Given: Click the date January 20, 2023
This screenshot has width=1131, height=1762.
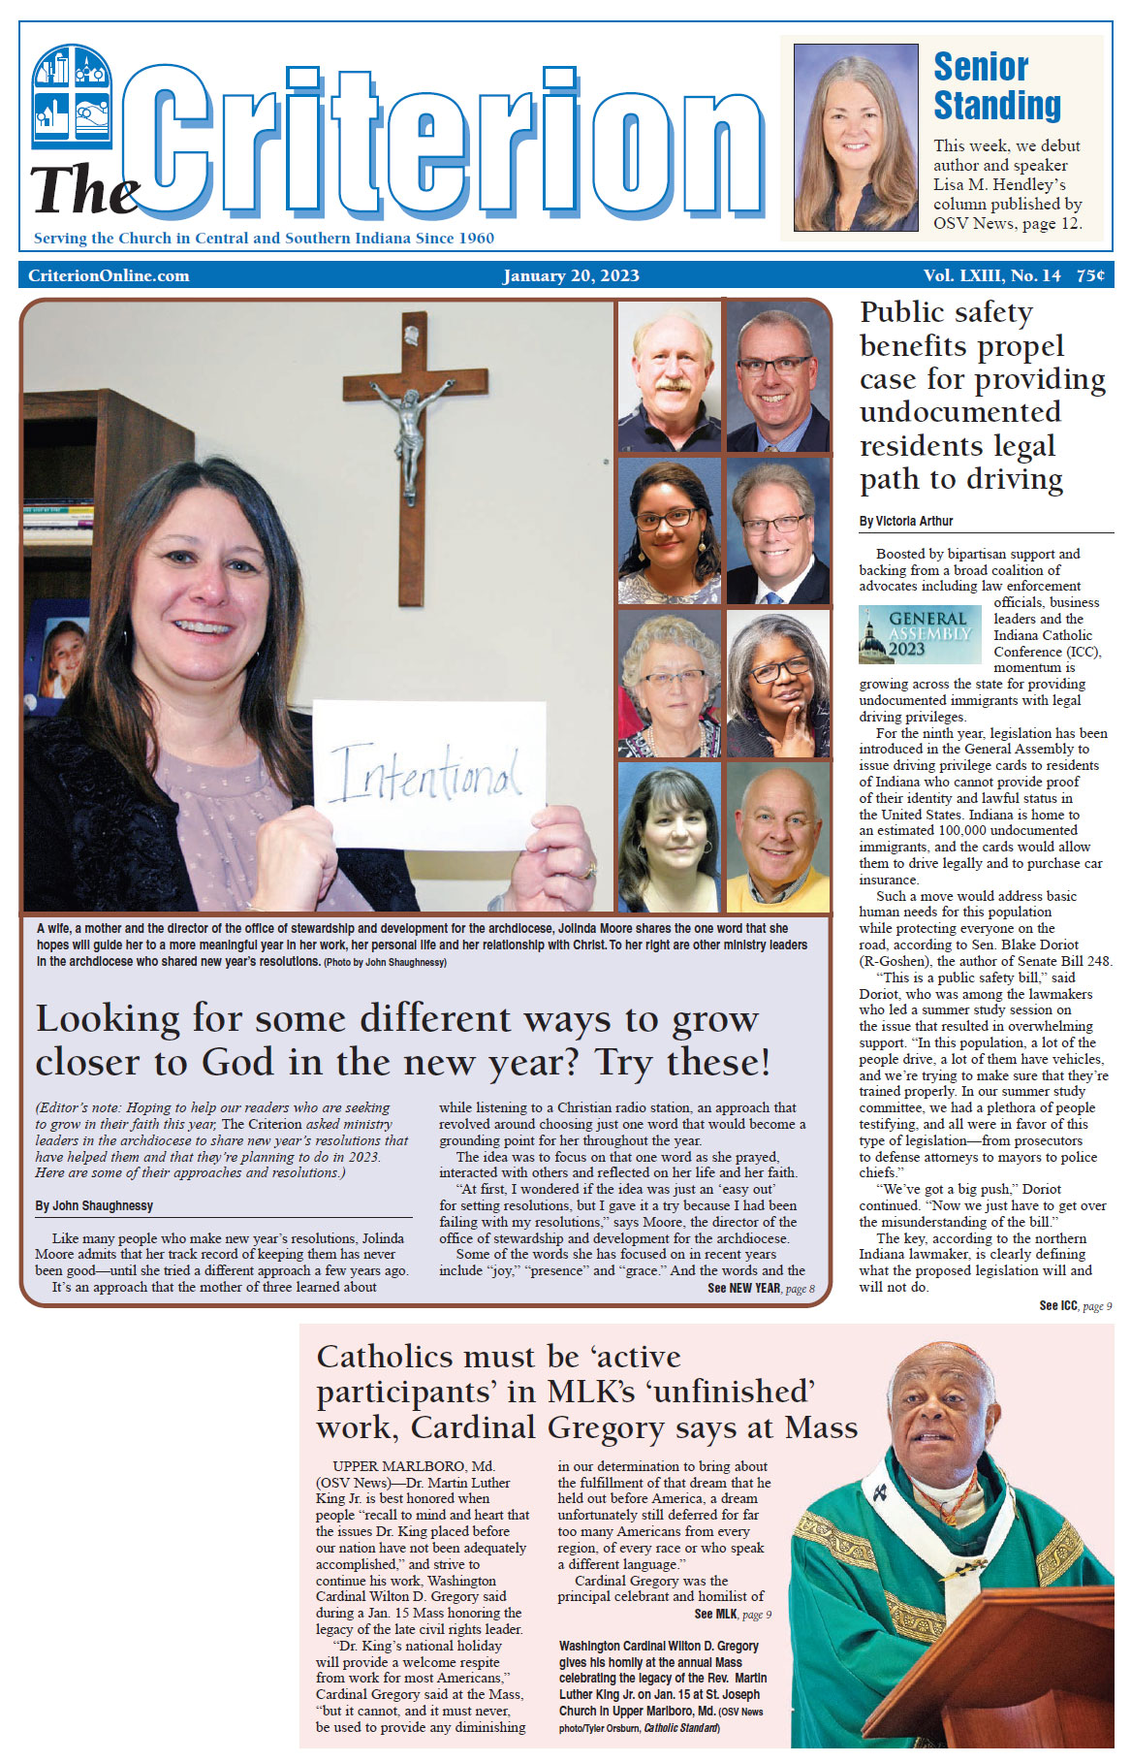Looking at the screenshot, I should tap(571, 275).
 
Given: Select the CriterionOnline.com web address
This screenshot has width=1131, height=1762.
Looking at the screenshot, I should tap(109, 275).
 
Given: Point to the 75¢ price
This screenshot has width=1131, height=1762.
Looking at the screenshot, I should tap(1090, 275).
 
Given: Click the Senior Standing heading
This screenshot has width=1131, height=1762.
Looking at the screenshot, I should tap(996, 86).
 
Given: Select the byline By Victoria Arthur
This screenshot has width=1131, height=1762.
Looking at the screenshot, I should tap(906, 521).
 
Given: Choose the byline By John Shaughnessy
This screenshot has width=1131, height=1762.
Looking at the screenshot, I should tap(94, 1205).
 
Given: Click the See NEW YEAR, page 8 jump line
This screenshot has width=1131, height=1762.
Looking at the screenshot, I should tap(761, 1288).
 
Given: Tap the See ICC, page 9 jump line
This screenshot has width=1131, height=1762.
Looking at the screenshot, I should tap(1075, 1305).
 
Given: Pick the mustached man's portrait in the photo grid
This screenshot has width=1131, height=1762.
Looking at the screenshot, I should tap(669, 377).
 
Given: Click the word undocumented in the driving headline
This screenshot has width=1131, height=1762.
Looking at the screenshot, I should tap(959, 412).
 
